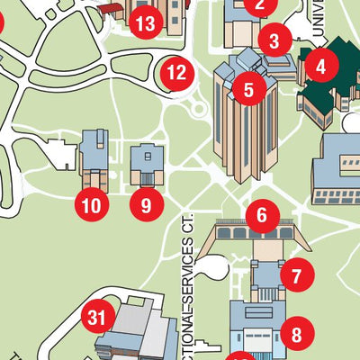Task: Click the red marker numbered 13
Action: pyautogui.click(x=145, y=23)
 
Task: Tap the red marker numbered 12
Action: pyautogui.click(x=176, y=72)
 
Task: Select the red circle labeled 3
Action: pyautogui.click(x=274, y=40)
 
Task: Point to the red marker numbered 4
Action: pyautogui.click(x=320, y=64)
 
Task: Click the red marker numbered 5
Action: pyautogui.click(x=247, y=88)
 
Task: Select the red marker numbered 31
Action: pyautogui.click(x=98, y=316)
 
